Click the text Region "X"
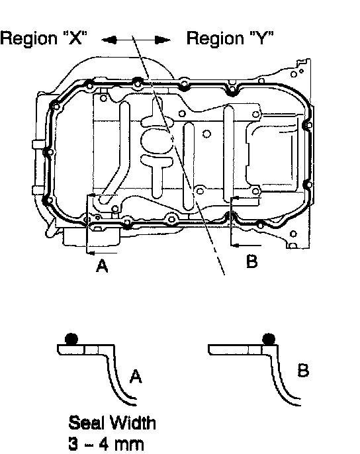pyautogui.click(x=44, y=38)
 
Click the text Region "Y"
pyautogui.click(x=230, y=38)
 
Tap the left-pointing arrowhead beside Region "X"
pyautogui.click(x=109, y=40)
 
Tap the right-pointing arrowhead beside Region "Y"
pyautogui.click(x=163, y=40)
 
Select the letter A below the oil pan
pyautogui.click(x=102, y=266)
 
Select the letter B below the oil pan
pyautogui.click(x=251, y=261)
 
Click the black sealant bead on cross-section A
pyautogui.click(x=71, y=339)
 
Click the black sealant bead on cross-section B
pyautogui.click(x=269, y=339)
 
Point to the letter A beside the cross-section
pyautogui.click(x=136, y=376)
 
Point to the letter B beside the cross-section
pyautogui.click(x=303, y=371)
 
